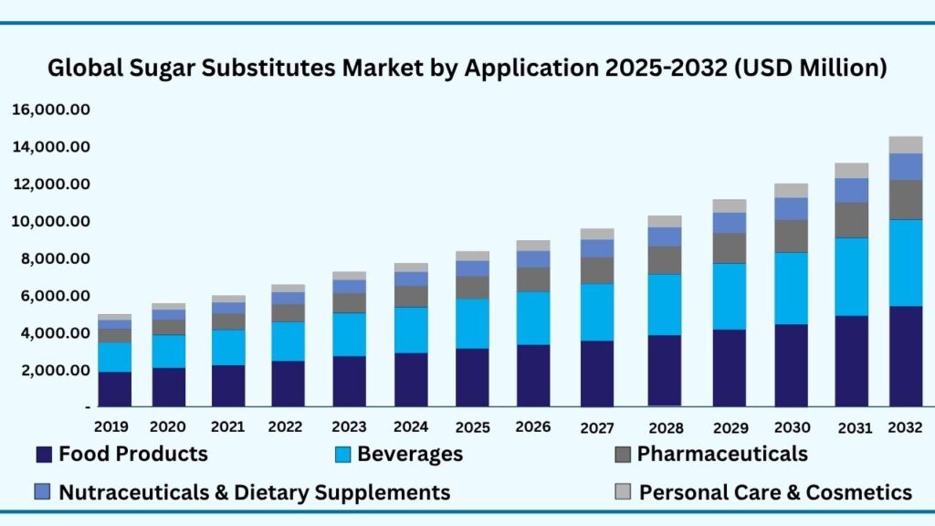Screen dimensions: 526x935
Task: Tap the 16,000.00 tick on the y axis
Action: tap(51, 110)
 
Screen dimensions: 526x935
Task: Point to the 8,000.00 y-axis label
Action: tap(51, 258)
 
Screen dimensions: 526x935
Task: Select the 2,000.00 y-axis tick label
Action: tap(51, 371)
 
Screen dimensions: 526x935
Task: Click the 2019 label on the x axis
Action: tap(112, 426)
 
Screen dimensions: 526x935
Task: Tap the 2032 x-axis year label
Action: tap(904, 426)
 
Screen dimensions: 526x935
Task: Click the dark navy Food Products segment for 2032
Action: tap(906, 356)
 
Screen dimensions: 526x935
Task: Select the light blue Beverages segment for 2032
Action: tap(906, 263)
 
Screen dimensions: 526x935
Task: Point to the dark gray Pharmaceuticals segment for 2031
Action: tap(851, 220)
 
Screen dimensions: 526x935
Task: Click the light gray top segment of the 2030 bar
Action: tap(791, 191)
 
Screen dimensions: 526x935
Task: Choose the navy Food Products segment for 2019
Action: tap(115, 389)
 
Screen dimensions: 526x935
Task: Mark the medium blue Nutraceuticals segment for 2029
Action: tap(730, 223)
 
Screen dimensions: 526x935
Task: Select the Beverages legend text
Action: tap(410, 454)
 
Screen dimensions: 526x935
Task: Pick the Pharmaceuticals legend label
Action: tap(721, 454)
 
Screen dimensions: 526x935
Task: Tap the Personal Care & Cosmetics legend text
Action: tap(775, 492)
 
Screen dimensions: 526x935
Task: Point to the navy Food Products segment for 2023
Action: tap(349, 381)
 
